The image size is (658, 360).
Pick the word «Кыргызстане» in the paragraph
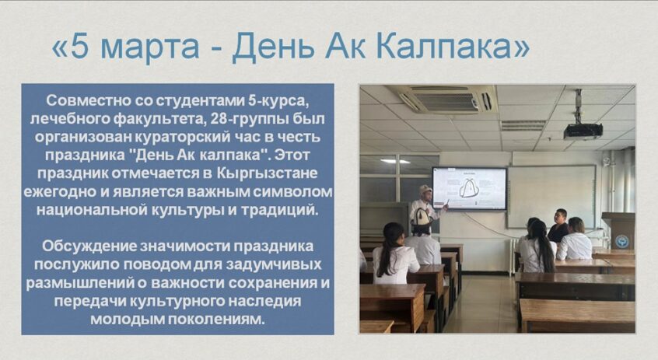point(268,173)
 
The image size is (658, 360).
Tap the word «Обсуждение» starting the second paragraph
point(89,246)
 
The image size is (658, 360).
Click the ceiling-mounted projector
point(583,131)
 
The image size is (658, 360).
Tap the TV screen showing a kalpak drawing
point(470,188)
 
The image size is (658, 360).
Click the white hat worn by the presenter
point(425,189)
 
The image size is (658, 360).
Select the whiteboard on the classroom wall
point(551,197)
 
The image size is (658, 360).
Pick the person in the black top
point(558,225)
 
